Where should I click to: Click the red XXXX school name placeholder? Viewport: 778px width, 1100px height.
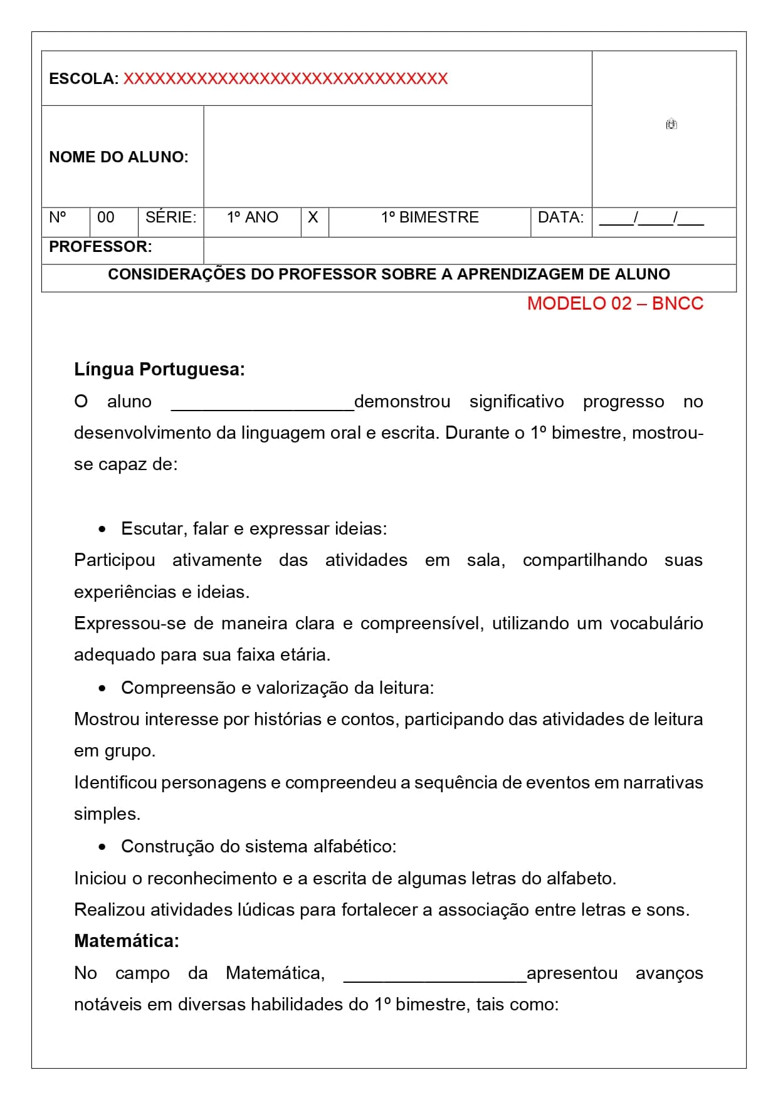[x=285, y=79]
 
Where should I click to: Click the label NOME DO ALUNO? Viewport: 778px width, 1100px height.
[x=118, y=157]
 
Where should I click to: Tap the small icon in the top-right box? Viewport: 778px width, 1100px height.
[x=671, y=124]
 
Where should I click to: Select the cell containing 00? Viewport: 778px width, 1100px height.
[x=106, y=217]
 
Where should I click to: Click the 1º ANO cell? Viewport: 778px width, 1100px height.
[x=252, y=217]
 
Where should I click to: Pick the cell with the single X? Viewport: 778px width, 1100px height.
[x=313, y=217]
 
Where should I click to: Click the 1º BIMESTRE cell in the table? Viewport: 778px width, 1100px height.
[x=429, y=217]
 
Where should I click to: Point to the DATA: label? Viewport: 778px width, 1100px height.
[x=560, y=217]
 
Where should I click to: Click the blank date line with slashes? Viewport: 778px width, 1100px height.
[x=651, y=219]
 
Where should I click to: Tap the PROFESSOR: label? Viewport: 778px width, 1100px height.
[x=100, y=247]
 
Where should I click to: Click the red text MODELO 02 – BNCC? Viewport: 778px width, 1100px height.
[x=615, y=303]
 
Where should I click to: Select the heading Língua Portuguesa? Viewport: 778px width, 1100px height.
[x=159, y=369]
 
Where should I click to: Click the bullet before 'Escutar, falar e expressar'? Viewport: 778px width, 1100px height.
[x=102, y=530]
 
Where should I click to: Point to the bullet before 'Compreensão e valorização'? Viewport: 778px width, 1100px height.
[x=102, y=689]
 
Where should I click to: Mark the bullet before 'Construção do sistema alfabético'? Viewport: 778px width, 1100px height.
[x=102, y=847]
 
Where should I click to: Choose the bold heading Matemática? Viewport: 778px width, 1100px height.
[x=127, y=941]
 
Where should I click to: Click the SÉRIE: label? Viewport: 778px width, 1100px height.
[x=171, y=217]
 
